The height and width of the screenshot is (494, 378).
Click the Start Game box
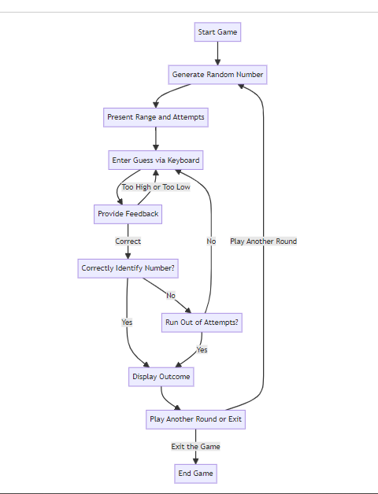(x=217, y=32)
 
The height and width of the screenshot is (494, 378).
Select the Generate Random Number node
(x=218, y=75)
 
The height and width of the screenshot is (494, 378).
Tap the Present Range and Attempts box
(x=156, y=117)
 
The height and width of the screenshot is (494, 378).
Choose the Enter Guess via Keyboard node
(x=156, y=160)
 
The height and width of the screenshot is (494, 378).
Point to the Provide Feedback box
(x=128, y=213)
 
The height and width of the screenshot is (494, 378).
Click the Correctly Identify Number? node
(x=128, y=268)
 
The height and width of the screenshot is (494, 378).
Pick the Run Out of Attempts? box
(x=202, y=322)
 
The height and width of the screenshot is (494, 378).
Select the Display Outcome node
(x=161, y=377)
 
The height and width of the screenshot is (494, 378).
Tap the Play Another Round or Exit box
(x=196, y=419)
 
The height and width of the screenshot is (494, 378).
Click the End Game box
(x=195, y=473)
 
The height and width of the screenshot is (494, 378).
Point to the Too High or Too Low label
(x=155, y=187)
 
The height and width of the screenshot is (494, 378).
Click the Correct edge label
(x=128, y=241)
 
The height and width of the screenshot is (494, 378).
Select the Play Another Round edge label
(x=263, y=241)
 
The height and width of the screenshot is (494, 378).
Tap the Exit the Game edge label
(x=195, y=446)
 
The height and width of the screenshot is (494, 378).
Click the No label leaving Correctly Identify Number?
(x=170, y=295)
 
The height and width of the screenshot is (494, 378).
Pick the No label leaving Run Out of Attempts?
(x=211, y=241)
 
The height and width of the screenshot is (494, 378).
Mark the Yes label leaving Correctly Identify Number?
(x=127, y=322)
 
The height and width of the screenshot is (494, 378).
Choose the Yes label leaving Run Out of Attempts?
(x=202, y=349)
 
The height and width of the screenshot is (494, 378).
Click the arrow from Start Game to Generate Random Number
(x=217, y=53)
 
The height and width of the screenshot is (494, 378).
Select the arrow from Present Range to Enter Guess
(x=156, y=138)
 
